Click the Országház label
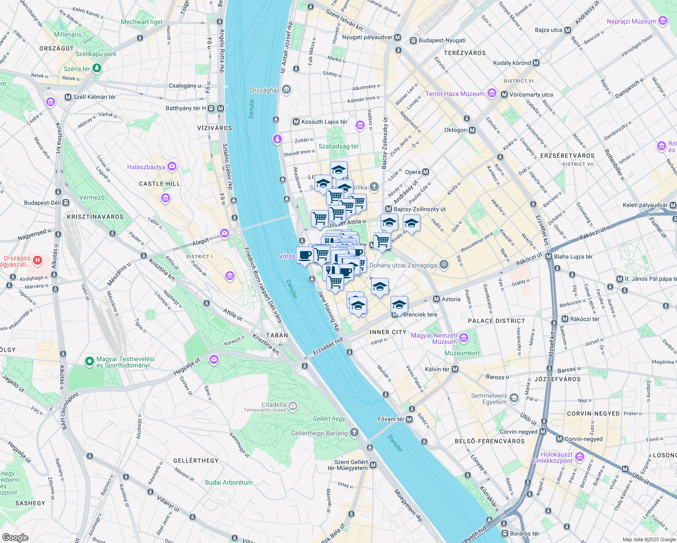(265, 90)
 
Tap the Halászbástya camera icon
(172, 167)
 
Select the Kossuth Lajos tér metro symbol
(296, 122)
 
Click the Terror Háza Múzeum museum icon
(492, 94)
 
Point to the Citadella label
(274, 405)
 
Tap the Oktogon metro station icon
(472, 130)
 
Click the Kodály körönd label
(512, 63)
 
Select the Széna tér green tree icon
(96, 68)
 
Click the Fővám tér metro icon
(410, 419)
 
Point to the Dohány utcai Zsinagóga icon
(444, 265)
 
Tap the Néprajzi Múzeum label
(631, 21)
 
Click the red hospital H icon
(38, 260)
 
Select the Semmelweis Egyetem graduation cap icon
(514, 398)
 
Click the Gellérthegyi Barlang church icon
(354, 433)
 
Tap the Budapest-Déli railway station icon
(66, 202)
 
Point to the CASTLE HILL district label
(159, 184)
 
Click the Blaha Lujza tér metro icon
(549, 257)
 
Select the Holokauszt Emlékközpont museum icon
(580, 457)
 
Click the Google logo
(15, 537)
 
